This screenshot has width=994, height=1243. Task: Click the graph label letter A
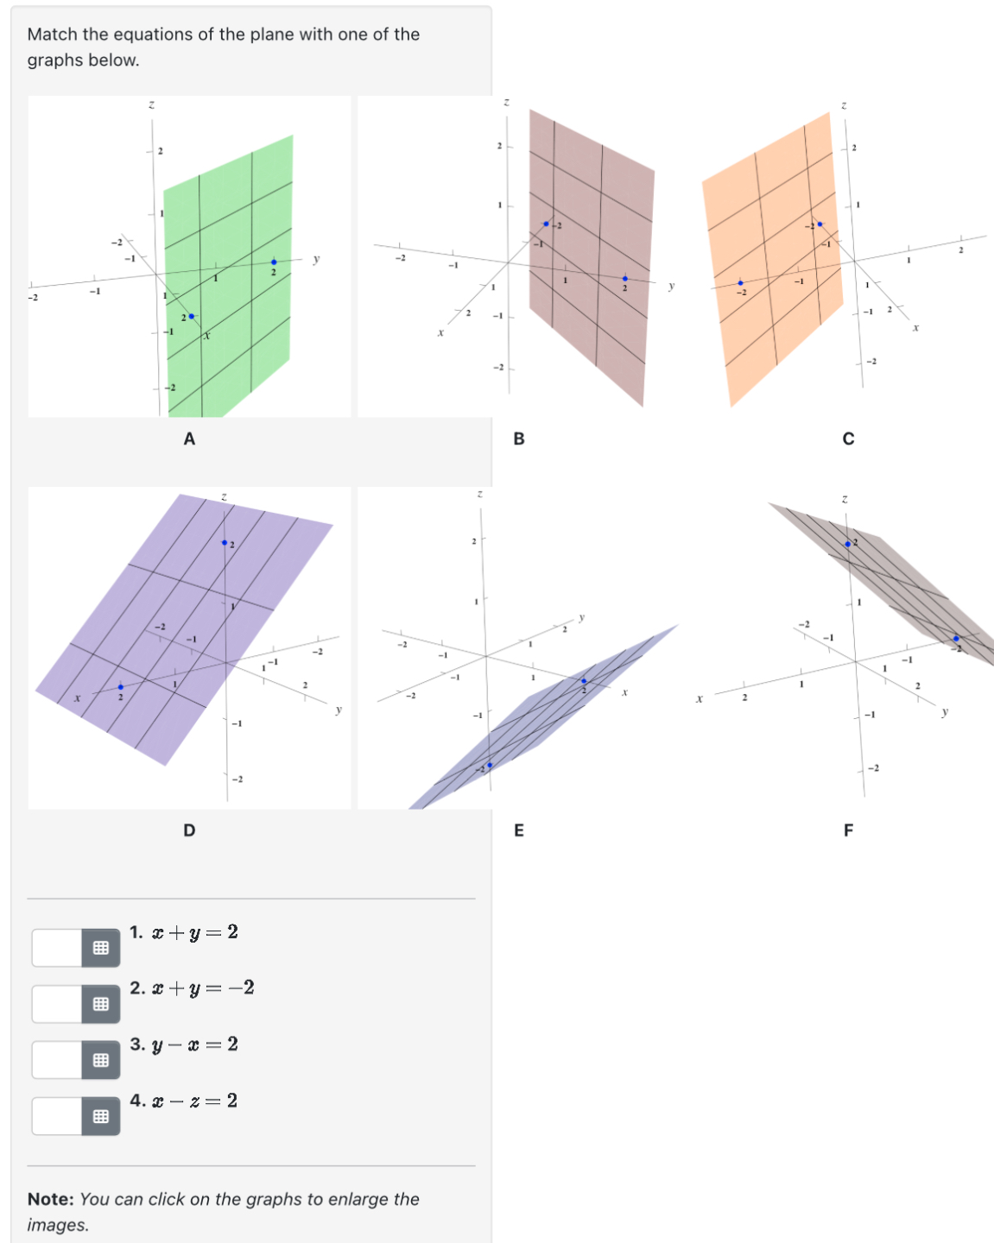[189, 439]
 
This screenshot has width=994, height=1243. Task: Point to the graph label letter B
[519, 439]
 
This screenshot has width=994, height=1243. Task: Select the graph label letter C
[848, 439]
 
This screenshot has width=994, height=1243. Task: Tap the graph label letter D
[189, 830]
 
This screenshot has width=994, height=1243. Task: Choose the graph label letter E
[519, 830]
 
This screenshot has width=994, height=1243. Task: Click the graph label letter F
[848, 830]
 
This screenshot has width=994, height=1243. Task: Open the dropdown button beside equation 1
[101, 948]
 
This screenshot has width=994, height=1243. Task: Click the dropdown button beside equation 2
[101, 1004]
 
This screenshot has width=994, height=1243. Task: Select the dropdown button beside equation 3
[101, 1060]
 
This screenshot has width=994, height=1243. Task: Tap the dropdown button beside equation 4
[101, 1116]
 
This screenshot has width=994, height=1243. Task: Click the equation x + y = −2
[202, 988]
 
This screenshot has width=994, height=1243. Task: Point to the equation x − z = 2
[193, 1101]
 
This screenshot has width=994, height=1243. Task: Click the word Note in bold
[50, 1199]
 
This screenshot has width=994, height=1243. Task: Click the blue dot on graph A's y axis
[274, 262]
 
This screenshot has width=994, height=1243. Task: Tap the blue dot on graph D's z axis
[225, 543]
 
